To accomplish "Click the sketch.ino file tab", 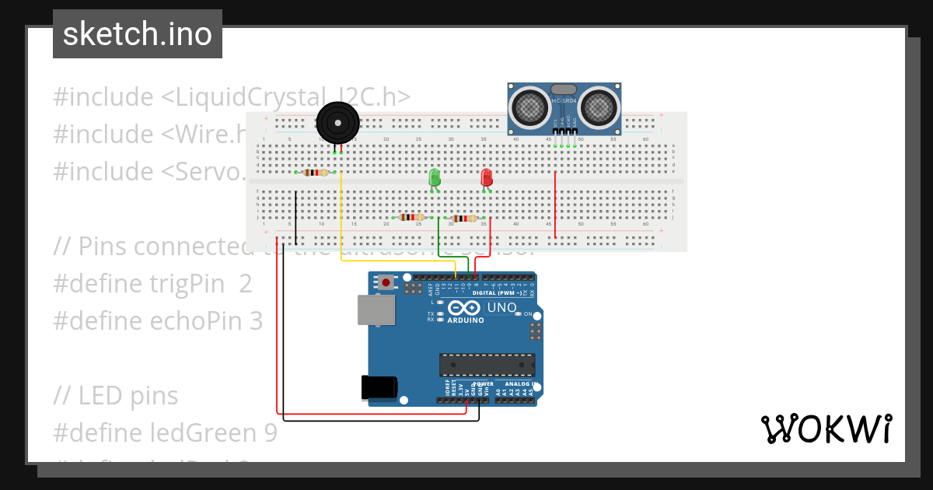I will [x=137, y=34].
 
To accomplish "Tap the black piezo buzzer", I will [x=338, y=123].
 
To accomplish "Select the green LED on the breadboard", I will [x=435, y=177].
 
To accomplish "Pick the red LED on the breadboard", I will [x=487, y=177].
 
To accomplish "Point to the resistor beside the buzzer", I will [x=315, y=173].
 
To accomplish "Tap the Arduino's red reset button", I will [x=384, y=285].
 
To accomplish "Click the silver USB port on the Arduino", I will [x=376, y=310].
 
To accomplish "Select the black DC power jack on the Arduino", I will [x=379, y=387].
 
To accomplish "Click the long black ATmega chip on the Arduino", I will [x=487, y=364].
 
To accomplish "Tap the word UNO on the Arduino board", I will [x=501, y=308].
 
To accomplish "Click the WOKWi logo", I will [x=826, y=429].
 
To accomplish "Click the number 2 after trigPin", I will [x=246, y=284].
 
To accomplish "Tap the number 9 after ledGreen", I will [x=270, y=433].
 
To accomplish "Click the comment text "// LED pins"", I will [x=116, y=396].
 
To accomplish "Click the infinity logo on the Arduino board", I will [x=464, y=308].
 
